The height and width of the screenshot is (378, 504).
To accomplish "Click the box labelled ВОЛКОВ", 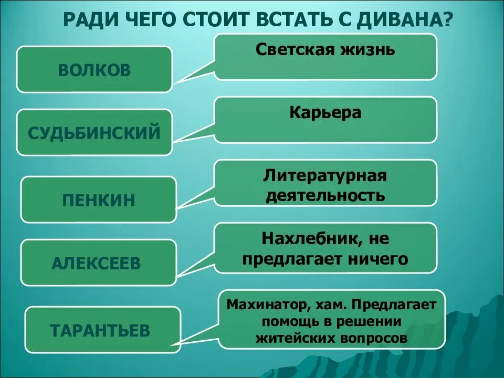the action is point(94,70).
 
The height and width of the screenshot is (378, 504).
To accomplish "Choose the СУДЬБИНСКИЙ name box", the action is point(94,132).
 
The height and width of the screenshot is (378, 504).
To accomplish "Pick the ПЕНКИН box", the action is point(99,199).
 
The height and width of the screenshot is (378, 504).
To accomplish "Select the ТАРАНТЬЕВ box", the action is point(100,331).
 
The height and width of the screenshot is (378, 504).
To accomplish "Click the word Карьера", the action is point(325,113).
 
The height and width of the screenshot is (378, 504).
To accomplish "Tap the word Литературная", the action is point(325,175).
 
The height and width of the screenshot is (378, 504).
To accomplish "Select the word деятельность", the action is point(325,195).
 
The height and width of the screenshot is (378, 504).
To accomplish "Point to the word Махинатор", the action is point(264,304).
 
